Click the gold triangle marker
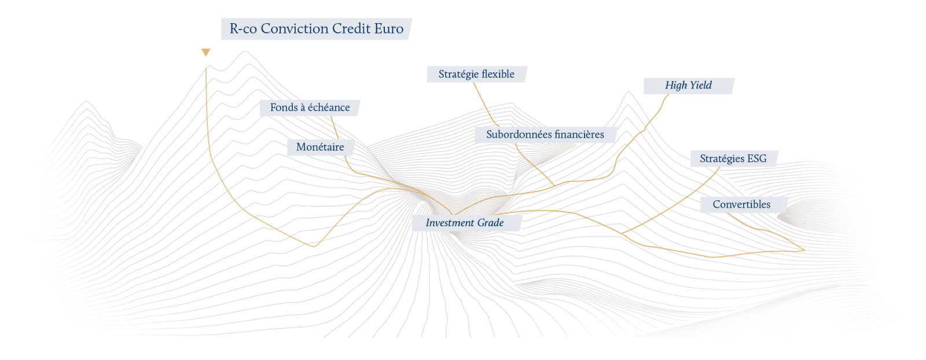pyautogui.click(x=206, y=52)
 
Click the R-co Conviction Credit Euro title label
pyautogui.click(x=316, y=29)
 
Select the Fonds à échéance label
pyautogui.click(x=310, y=108)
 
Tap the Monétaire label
pyautogui.click(x=321, y=147)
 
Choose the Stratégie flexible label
pyautogui.click(x=477, y=75)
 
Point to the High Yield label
pyautogui.click(x=689, y=86)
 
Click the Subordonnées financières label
pyautogui.click(x=545, y=135)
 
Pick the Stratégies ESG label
pyautogui.click(x=734, y=159)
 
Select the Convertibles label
pyautogui.click(x=743, y=204)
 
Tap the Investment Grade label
pyautogui.click(x=466, y=223)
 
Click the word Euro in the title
pyautogui.click(x=388, y=28)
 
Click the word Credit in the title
pyautogui.click(x=351, y=28)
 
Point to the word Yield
pyautogui.click(x=700, y=86)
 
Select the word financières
pyautogui.click(x=579, y=135)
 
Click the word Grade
pyautogui.click(x=490, y=223)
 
